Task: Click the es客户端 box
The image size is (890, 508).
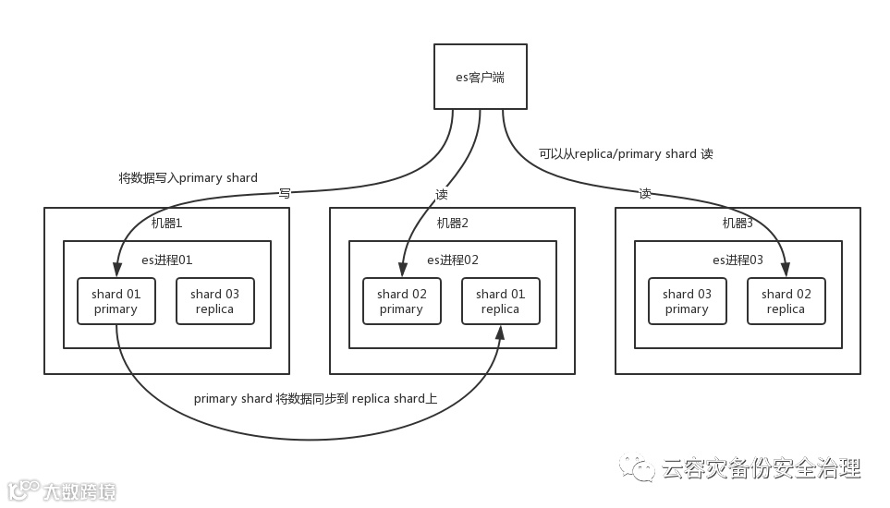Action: pyautogui.click(x=481, y=78)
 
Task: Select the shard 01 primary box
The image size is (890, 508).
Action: pyautogui.click(x=116, y=301)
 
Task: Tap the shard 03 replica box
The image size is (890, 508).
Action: pyautogui.click(x=214, y=301)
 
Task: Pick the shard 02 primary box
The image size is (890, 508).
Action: pyautogui.click(x=401, y=301)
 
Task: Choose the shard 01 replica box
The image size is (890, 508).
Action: pyautogui.click(x=500, y=301)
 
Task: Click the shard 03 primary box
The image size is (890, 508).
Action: pyautogui.click(x=687, y=301)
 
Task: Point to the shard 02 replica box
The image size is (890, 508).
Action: pyautogui.click(x=786, y=301)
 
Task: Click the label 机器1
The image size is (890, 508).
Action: pyautogui.click(x=168, y=223)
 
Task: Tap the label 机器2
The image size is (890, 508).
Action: pyautogui.click(x=453, y=223)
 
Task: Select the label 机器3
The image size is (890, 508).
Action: pyautogui.click(x=738, y=223)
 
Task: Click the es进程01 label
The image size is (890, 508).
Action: pyautogui.click(x=167, y=260)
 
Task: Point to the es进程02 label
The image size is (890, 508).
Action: pyautogui.click(x=453, y=260)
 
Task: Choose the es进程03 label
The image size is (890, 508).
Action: pyautogui.click(x=738, y=260)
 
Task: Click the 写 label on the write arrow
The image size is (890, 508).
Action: pyautogui.click(x=285, y=193)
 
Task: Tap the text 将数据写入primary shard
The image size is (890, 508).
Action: pyautogui.click(x=188, y=177)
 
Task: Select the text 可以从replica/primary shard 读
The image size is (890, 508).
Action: pyautogui.click(x=626, y=153)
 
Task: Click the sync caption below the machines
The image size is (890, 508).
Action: pyautogui.click(x=315, y=399)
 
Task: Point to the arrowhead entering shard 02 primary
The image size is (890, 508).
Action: pyautogui.click(x=401, y=271)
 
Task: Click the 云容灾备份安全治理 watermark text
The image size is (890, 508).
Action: pyautogui.click(x=761, y=468)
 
